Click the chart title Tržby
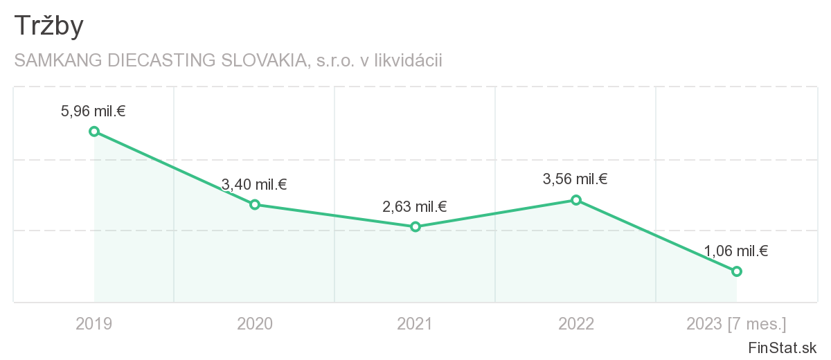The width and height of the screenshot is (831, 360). pos(48,26)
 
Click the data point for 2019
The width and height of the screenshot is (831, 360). pos(94,132)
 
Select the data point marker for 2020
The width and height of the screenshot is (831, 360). pos(255,204)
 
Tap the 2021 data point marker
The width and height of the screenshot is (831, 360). pos(415,226)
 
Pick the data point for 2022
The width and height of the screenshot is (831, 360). pos(576,200)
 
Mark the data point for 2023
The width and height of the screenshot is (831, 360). pos(737,271)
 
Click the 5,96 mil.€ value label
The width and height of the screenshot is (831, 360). pos(93,110)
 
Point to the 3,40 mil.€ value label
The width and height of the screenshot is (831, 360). pos(254,184)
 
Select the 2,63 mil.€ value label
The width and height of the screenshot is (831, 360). pos(415,206)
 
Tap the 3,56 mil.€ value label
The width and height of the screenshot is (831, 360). pos(575,179)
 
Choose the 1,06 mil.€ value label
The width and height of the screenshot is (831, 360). pos(736,251)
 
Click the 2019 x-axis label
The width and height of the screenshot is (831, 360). pos(93,323)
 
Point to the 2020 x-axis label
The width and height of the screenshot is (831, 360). pos(255,323)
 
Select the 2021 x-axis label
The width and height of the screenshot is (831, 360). pos(415,323)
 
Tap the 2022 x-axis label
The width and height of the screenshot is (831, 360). pos(576,323)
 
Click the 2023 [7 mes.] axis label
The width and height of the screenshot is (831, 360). pos(736,323)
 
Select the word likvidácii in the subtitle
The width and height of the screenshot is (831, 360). pos(408,61)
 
